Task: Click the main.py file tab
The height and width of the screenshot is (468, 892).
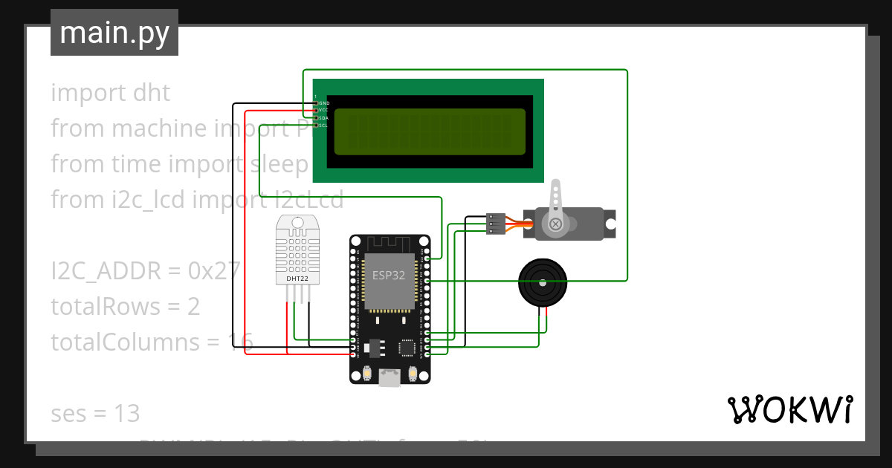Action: (114, 33)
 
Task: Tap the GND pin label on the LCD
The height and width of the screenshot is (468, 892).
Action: (324, 103)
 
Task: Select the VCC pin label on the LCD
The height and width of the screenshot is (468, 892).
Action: (324, 110)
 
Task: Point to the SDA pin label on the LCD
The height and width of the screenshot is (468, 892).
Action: (324, 118)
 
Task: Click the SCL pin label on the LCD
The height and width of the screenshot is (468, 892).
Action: (324, 126)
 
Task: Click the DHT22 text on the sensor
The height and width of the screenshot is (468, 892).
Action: (297, 279)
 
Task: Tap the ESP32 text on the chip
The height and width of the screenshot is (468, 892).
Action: (389, 275)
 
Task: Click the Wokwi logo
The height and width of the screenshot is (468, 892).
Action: (789, 409)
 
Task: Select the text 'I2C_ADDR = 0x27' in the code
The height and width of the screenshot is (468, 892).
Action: (145, 271)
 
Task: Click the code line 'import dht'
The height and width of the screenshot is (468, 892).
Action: (110, 93)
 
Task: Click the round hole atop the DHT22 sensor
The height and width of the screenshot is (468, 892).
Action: (297, 222)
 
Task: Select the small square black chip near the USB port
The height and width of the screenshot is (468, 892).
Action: (407, 347)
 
